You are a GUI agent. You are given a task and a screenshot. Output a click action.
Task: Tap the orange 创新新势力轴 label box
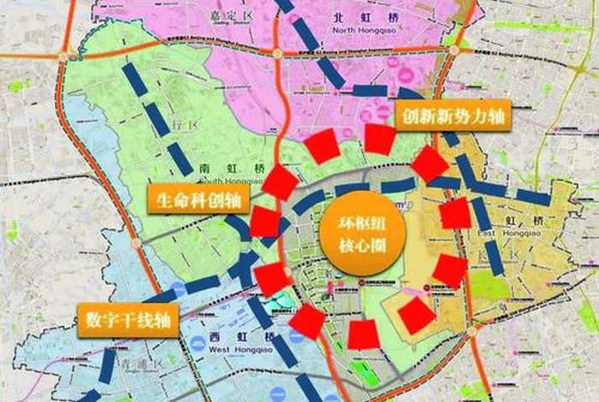[454, 116]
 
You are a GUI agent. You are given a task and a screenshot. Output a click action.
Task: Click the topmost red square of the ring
[379, 139]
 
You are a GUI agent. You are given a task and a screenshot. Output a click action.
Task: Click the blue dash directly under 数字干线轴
[107, 366]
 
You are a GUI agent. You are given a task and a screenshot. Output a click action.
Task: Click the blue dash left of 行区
[154, 115]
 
